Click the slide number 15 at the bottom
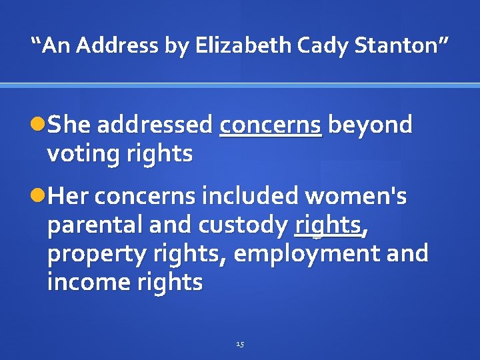click(x=240, y=344)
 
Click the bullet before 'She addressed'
click(x=39, y=125)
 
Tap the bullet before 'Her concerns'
click(x=39, y=197)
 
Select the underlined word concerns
click(x=271, y=125)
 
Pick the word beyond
click(x=371, y=125)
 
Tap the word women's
click(x=356, y=197)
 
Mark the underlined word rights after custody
click(x=328, y=225)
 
